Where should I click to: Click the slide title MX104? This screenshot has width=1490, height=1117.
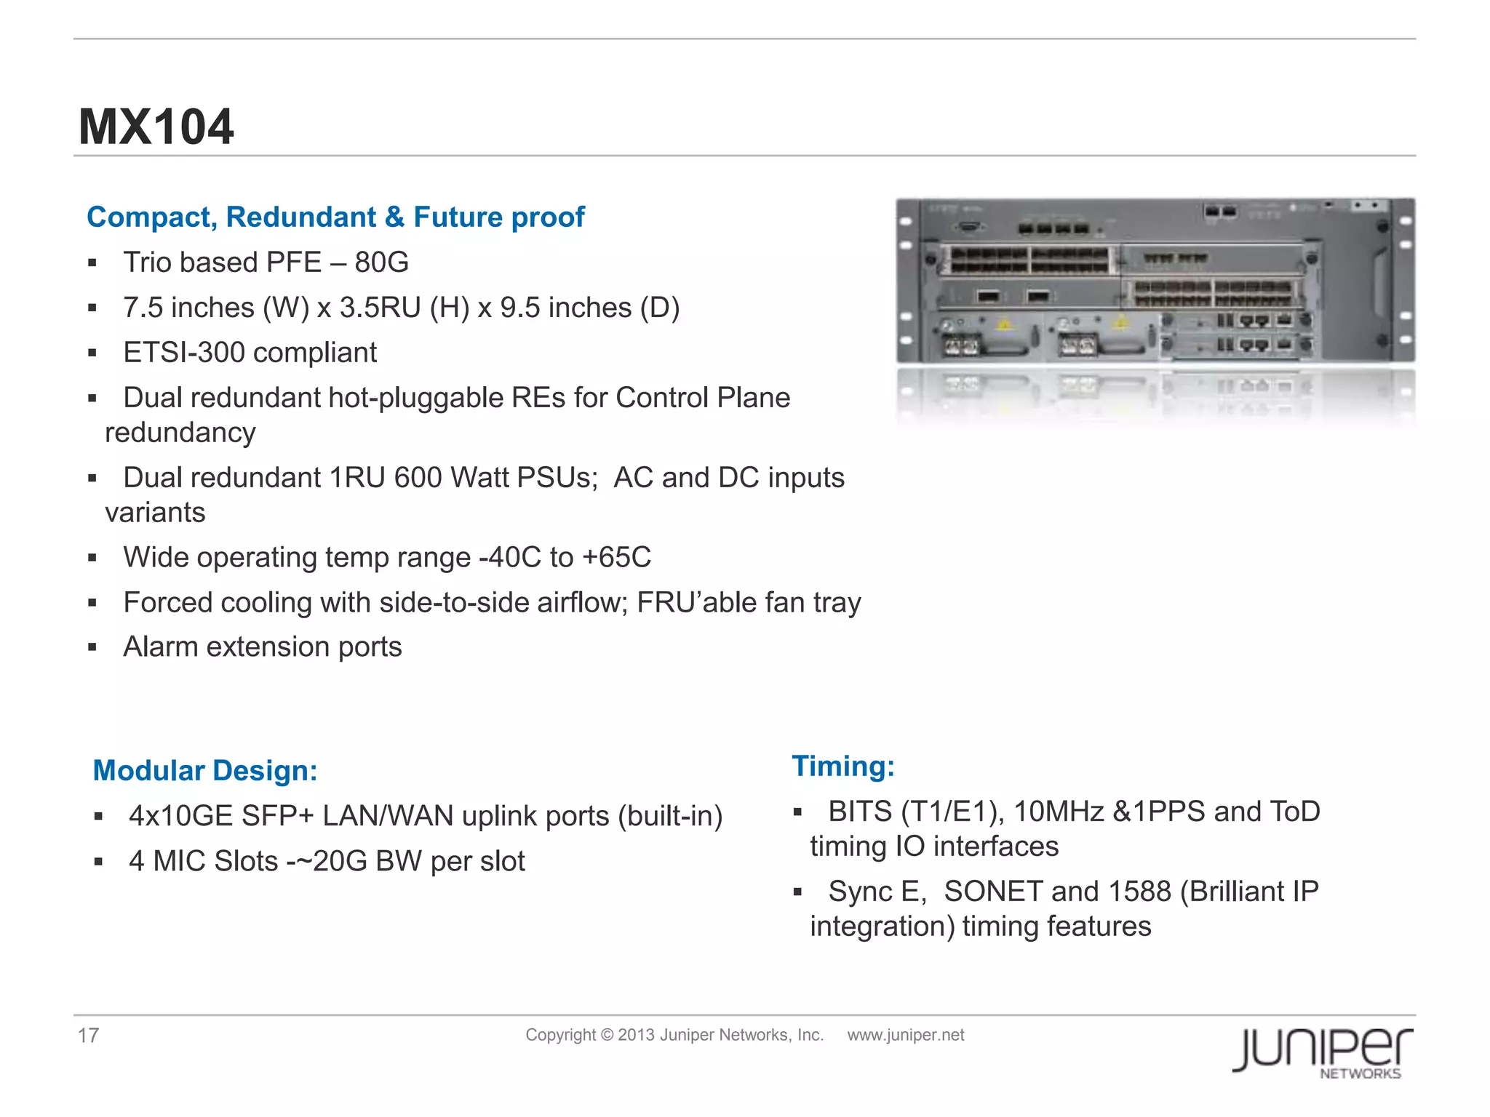coord(156,127)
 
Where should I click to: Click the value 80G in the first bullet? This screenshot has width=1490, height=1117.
coord(381,263)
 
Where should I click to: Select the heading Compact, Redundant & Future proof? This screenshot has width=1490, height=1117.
coord(335,217)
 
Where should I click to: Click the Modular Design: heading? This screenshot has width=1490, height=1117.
coord(205,771)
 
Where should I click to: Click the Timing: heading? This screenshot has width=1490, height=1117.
coord(842,766)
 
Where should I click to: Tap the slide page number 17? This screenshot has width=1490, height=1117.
coord(88,1036)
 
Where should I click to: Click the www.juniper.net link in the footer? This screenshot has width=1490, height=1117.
coord(905,1035)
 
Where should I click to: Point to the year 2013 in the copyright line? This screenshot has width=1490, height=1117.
coord(636,1035)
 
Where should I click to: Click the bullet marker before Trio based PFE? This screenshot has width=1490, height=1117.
coord(92,263)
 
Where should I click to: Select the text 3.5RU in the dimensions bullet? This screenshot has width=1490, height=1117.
coord(381,308)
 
